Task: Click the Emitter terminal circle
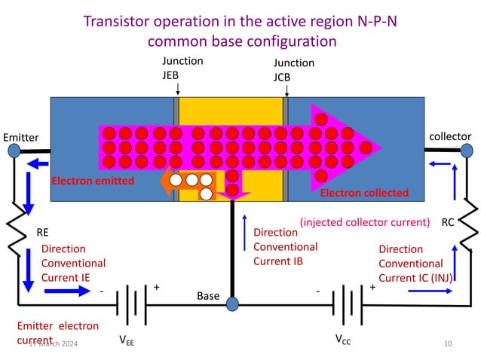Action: [14, 151]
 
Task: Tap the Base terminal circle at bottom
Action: [232, 304]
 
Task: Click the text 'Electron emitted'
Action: [92, 182]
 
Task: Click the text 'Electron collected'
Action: [364, 193]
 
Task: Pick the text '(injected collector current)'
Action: [365, 222]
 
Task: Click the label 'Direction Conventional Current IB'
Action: [285, 246]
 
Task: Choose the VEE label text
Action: [127, 339]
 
